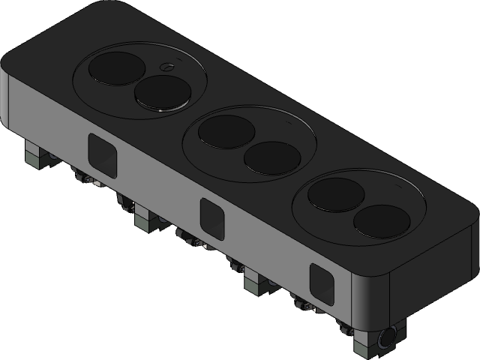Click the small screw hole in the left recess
click(x=167, y=67)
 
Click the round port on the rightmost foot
click(x=389, y=339)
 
